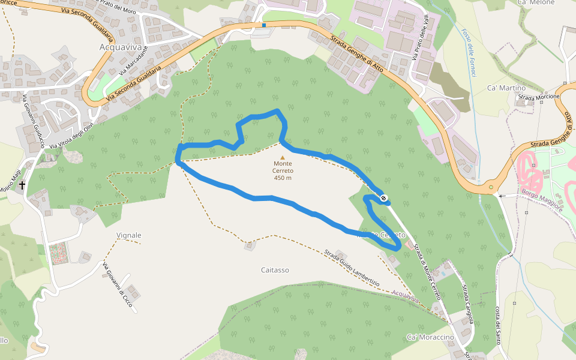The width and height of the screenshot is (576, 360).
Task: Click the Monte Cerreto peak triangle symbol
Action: click(283, 158)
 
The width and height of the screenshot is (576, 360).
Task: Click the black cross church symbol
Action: click(22, 185)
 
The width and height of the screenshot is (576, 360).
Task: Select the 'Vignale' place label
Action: click(129, 235)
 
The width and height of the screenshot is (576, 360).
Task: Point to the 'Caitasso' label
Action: click(275, 270)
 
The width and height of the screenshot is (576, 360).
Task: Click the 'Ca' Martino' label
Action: click(506, 88)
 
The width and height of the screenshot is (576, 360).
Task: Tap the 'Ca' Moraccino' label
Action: click(430, 337)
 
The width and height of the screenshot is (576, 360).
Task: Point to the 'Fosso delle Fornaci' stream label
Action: click(469, 51)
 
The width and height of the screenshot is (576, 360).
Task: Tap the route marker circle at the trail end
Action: click(383, 199)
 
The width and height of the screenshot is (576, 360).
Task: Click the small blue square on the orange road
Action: click(263, 25)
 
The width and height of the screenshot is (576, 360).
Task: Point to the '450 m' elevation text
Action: click(283, 178)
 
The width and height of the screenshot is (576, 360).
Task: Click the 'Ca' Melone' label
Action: click(535, 3)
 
